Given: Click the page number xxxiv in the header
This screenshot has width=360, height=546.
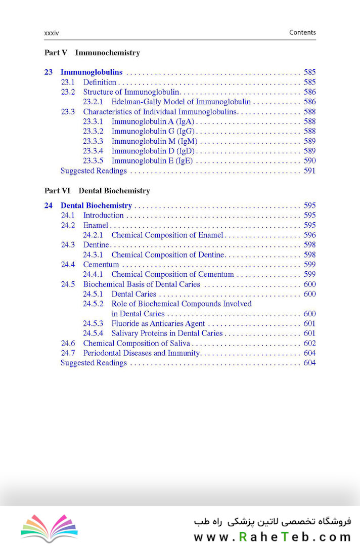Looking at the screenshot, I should [52, 32].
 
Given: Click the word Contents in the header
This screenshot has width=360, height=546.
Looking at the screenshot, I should [302, 32].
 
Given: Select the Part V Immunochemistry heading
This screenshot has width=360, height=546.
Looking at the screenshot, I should [92, 53].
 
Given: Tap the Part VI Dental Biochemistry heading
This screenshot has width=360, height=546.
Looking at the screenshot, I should [97, 191].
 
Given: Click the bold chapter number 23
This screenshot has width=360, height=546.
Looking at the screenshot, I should [49, 72].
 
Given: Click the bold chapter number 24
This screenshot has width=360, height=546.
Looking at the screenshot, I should [49, 205].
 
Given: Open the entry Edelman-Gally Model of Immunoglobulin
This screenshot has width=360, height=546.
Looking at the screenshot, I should [181, 102].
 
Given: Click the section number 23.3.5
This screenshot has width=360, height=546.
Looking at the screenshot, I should [93, 161].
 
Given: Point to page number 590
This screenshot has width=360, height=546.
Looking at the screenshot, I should [309, 161].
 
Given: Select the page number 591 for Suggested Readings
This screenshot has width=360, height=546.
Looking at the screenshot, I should [309, 171].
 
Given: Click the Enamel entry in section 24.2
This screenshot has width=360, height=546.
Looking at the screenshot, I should [96, 225].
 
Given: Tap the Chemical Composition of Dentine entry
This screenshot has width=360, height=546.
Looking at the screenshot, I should [167, 255].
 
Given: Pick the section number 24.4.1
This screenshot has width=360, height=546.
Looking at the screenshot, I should [93, 274].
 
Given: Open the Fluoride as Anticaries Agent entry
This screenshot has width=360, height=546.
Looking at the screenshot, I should [158, 323].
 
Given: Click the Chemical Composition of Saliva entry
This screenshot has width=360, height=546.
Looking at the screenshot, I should [137, 343].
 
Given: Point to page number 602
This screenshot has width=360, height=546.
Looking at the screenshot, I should [309, 343].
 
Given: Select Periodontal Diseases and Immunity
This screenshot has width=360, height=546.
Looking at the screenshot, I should [142, 353].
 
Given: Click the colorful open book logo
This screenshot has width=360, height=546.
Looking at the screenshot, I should [49, 527].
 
